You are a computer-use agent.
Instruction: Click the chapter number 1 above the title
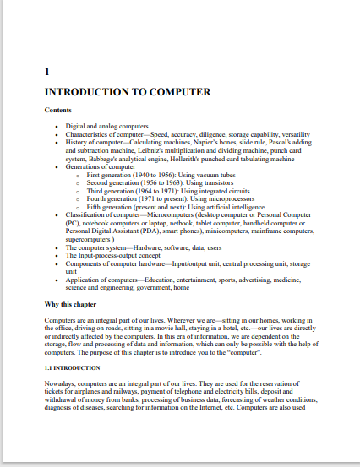coord(46,72)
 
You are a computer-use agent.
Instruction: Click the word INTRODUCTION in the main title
coord(85,91)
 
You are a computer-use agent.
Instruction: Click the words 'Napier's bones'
coord(200,142)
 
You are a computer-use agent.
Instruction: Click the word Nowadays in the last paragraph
coord(63,385)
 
